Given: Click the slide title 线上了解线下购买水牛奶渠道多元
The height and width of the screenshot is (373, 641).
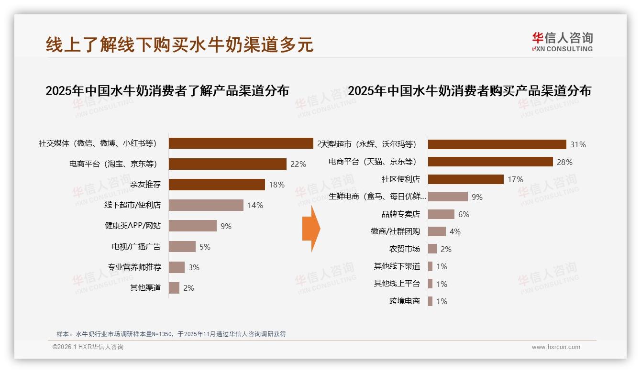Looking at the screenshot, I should [179, 44].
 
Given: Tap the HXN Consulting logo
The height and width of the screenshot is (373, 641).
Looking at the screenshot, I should [562, 42].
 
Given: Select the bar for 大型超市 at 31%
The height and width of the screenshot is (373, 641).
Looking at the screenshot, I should [497, 144].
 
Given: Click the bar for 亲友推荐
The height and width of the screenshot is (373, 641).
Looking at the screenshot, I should [217, 185].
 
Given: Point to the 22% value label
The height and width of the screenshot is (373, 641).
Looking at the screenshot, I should [298, 164].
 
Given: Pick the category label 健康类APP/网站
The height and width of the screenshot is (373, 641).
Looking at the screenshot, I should [133, 226].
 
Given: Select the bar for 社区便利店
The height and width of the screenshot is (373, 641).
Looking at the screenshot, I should [465, 179].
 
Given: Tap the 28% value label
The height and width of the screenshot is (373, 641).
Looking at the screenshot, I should [564, 162].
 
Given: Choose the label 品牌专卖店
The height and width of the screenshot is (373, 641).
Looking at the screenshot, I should [400, 214].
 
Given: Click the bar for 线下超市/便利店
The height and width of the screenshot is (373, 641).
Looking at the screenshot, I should [206, 205].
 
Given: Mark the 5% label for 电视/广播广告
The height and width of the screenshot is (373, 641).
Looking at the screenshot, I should [205, 247].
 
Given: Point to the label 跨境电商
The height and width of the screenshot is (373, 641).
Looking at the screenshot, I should [404, 301].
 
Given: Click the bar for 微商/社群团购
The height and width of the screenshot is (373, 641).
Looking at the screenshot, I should [437, 231].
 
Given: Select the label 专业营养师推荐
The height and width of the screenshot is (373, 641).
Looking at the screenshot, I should [134, 267].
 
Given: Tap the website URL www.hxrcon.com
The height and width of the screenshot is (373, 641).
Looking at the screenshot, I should [556, 347].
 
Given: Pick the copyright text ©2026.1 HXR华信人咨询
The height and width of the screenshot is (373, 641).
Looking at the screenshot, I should [88, 347].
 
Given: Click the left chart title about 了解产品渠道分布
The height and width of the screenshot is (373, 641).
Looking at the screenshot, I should [167, 91].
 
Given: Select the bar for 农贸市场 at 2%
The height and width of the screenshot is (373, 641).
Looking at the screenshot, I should [432, 249].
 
